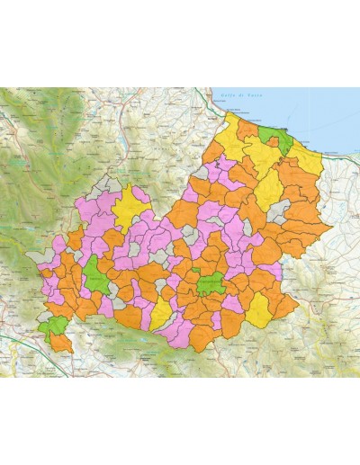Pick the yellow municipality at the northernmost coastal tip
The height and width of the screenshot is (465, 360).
tap(239, 126)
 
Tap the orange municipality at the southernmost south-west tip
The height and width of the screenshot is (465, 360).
tap(61, 342)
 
